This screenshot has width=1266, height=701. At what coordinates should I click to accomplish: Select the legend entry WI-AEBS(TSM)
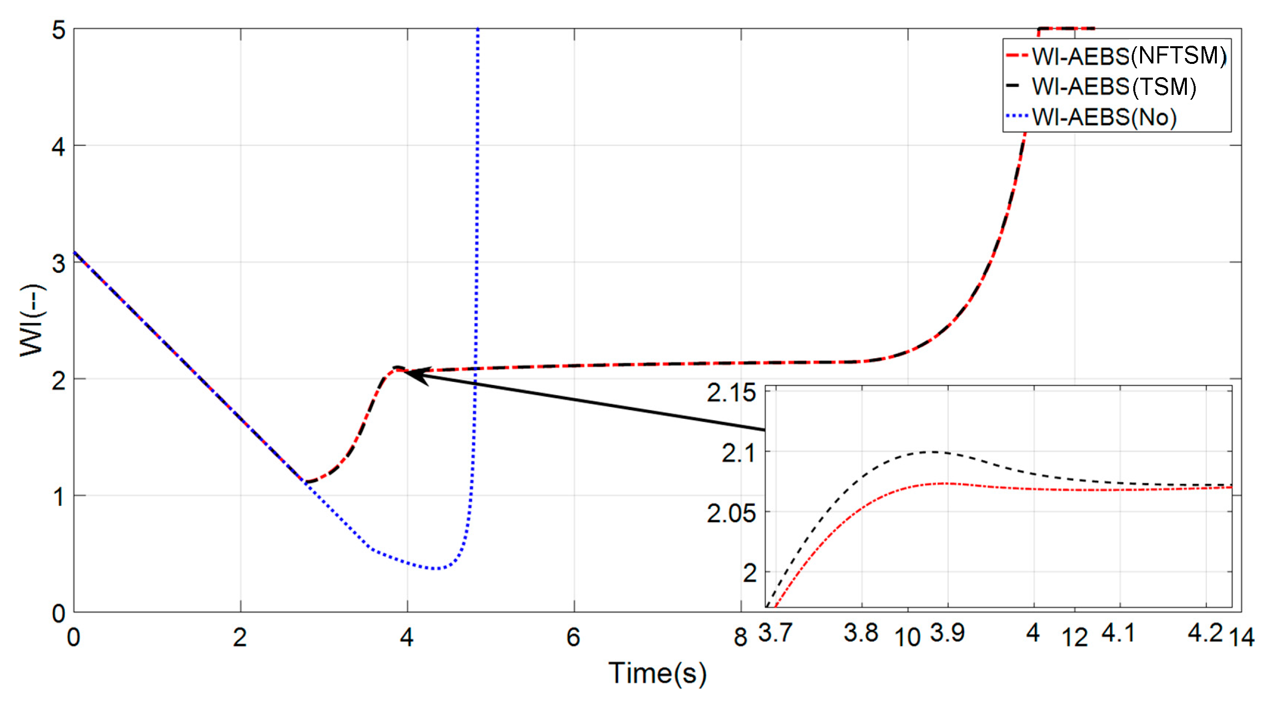pyautogui.click(x=1114, y=87)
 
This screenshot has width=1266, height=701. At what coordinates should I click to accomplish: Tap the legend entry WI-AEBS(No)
pyautogui.click(x=1104, y=117)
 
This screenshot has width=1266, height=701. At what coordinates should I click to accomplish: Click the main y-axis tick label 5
pyautogui.click(x=59, y=30)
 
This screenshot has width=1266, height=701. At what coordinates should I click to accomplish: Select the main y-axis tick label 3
pyautogui.click(x=59, y=263)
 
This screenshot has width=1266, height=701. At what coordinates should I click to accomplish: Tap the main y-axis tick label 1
pyautogui.click(x=59, y=497)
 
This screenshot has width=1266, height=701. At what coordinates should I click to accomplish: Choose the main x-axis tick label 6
pyautogui.click(x=573, y=637)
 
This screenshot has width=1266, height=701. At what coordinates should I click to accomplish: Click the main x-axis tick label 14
pyautogui.click(x=1241, y=637)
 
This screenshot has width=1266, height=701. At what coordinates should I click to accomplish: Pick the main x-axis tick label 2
pyautogui.click(x=240, y=637)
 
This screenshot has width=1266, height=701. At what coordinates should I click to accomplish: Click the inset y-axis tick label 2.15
pyautogui.click(x=731, y=393)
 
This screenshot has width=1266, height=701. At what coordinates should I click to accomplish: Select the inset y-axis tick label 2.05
pyautogui.click(x=731, y=514)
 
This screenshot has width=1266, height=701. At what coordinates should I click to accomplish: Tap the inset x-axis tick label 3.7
pyautogui.click(x=775, y=632)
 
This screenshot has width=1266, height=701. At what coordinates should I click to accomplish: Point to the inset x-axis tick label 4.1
pyautogui.click(x=1118, y=632)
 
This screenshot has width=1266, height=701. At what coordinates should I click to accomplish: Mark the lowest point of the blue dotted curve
pyautogui.click(x=436, y=569)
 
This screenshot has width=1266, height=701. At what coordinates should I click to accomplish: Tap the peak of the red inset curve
pyautogui.click(x=944, y=483)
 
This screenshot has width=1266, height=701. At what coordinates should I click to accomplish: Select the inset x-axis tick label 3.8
pyautogui.click(x=861, y=632)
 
